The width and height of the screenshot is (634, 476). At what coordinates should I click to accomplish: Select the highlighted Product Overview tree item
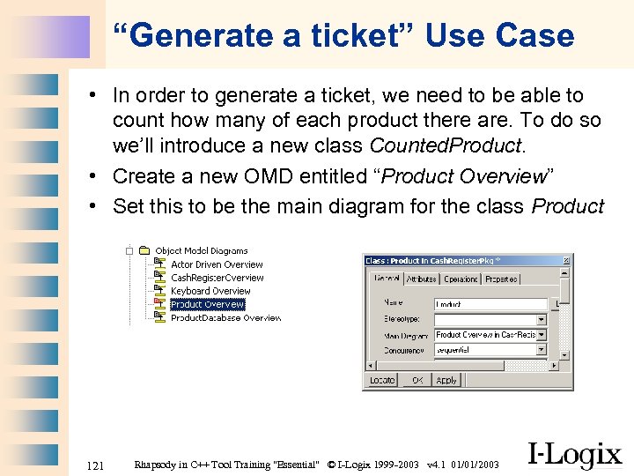207,304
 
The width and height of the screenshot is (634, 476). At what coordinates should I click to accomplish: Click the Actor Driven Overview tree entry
217,264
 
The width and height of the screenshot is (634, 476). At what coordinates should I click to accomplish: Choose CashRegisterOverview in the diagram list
217,278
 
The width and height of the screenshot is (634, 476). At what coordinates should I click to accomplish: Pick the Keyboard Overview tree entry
210,291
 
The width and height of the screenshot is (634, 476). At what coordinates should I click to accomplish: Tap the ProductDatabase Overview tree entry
225,317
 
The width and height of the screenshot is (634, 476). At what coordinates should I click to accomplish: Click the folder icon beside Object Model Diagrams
144,251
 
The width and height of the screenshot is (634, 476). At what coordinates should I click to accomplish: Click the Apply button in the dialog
446,380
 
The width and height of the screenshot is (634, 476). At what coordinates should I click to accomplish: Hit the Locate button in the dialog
382,380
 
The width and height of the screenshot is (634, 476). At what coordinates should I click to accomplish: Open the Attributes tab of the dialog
421,279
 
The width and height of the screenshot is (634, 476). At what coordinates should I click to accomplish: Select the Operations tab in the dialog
461,279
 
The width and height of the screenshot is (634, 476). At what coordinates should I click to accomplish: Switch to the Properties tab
501,279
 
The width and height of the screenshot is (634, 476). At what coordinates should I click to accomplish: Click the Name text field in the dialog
490,304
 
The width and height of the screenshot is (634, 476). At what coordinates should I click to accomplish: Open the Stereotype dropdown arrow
541,320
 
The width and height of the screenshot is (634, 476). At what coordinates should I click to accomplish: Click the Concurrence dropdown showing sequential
490,350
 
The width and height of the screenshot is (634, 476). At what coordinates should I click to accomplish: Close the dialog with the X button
568,261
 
